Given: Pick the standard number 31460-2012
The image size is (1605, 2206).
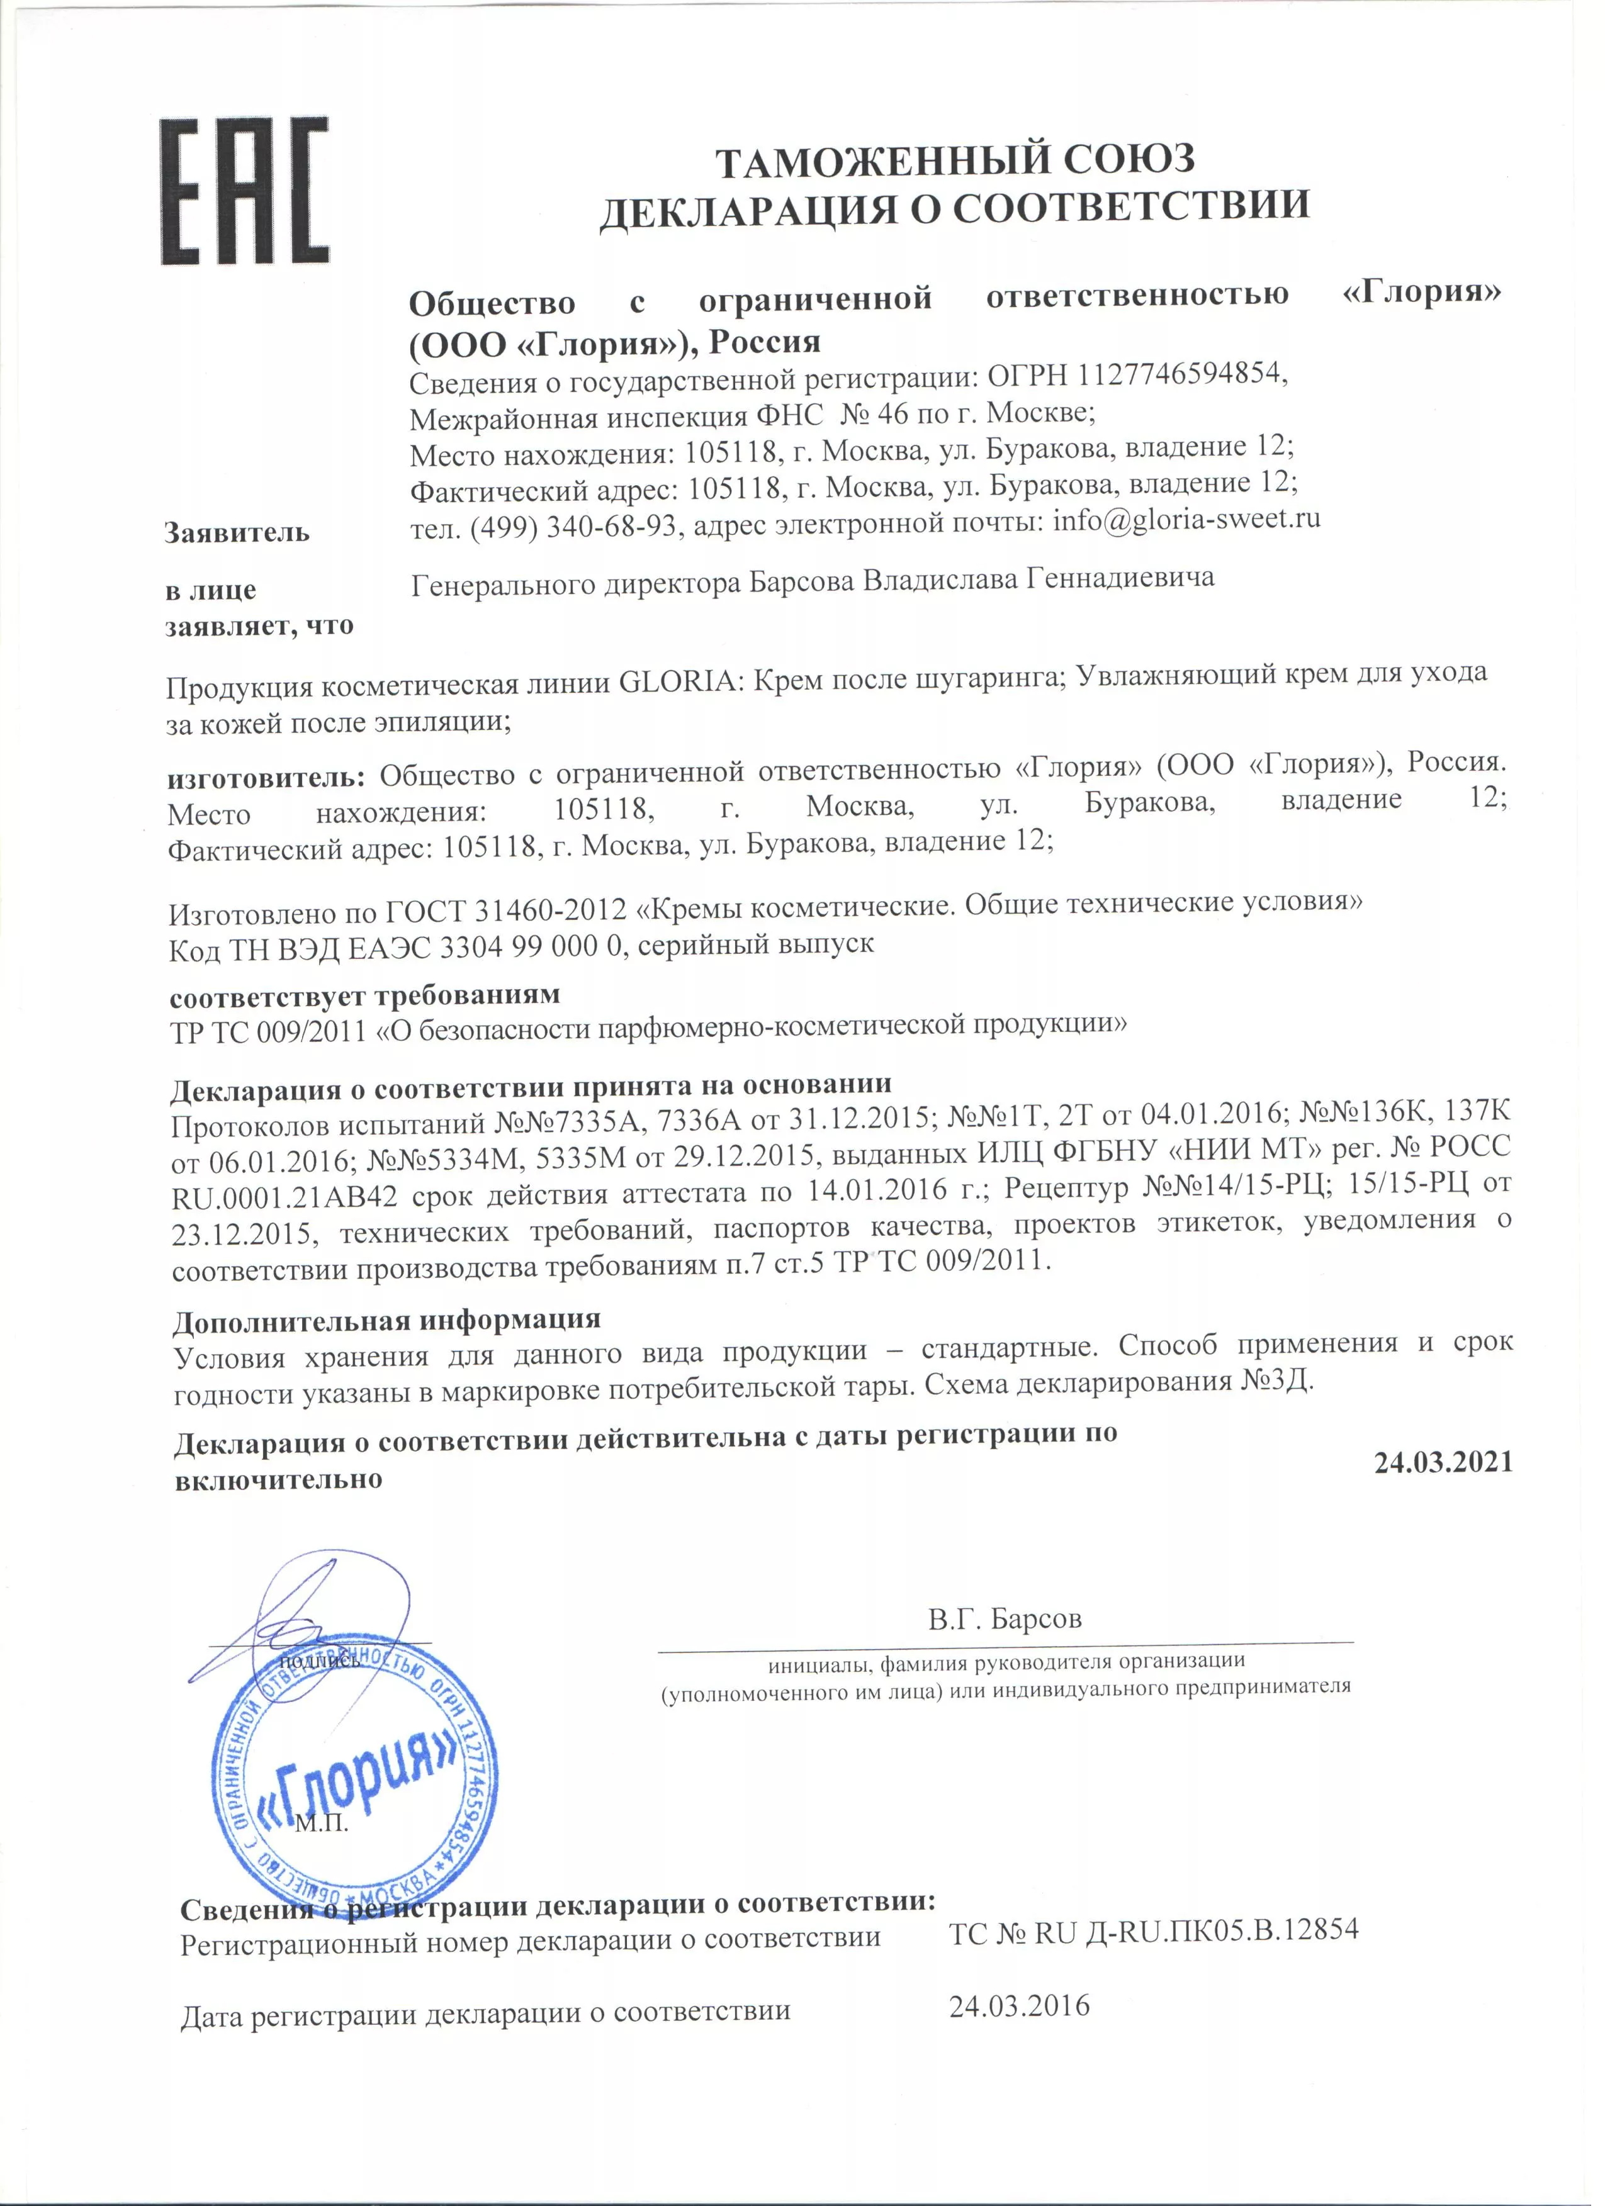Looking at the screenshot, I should coord(551,911).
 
